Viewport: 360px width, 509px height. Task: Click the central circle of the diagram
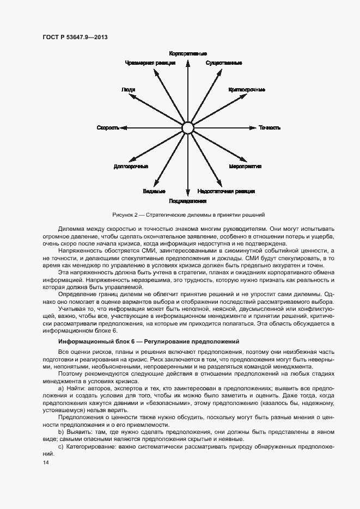188,128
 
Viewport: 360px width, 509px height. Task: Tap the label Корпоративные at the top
188,54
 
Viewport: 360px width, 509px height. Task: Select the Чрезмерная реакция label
150,63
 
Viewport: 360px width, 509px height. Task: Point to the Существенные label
224,63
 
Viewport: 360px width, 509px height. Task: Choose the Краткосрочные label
247,89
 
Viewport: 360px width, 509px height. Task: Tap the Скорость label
108,128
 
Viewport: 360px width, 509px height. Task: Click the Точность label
270,128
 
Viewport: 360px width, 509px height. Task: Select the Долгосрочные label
128,166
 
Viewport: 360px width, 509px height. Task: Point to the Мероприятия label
246,166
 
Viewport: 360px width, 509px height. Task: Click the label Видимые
154,192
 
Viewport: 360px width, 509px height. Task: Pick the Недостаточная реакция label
227,192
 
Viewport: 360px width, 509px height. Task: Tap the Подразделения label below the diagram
188,201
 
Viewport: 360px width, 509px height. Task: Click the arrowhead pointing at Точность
253,128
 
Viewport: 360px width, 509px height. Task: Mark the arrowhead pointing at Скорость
124,128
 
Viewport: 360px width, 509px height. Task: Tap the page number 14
45,462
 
